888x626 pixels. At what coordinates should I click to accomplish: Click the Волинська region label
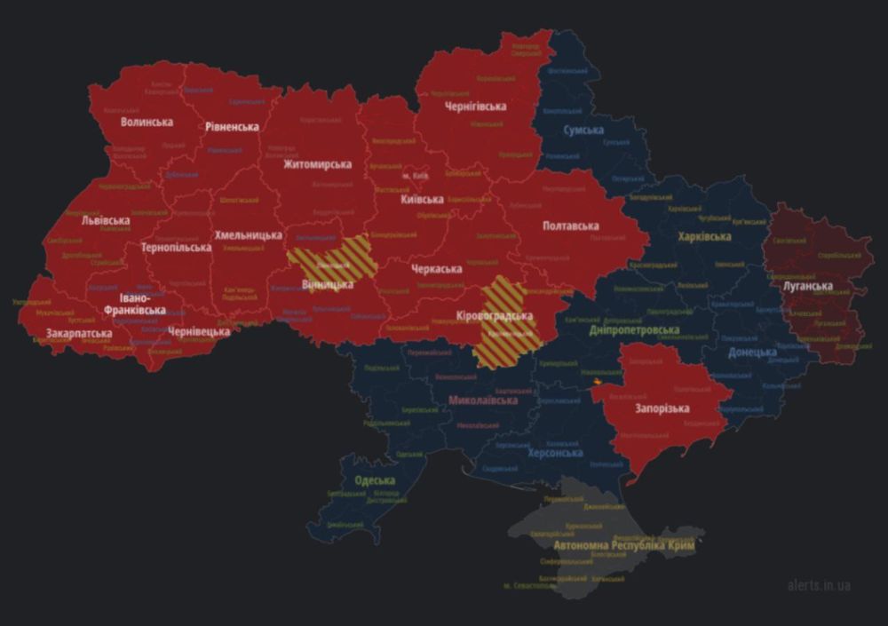point(147,122)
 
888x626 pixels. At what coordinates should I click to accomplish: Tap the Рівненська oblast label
point(232,127)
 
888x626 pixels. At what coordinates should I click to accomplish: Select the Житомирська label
point(317,164)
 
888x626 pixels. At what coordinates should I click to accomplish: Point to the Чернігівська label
point(475,107)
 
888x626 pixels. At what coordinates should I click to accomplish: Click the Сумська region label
point(583,131)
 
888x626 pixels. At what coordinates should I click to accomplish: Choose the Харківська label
point(704,237)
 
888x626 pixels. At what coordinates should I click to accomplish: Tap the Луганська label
point(808,286)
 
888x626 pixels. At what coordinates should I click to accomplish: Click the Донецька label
point(752,353)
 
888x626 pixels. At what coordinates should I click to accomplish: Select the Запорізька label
point(662,408)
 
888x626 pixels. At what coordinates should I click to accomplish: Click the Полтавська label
point(571,226)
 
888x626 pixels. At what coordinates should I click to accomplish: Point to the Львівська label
point(105,220)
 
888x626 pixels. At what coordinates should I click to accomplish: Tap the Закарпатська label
point(79,334)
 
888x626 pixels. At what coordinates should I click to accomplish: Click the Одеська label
point(375,480)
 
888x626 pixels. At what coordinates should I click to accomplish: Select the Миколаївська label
point(482,400)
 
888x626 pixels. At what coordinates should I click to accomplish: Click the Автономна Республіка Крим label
point(624,545)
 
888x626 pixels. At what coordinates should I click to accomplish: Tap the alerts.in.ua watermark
point(818,585)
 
